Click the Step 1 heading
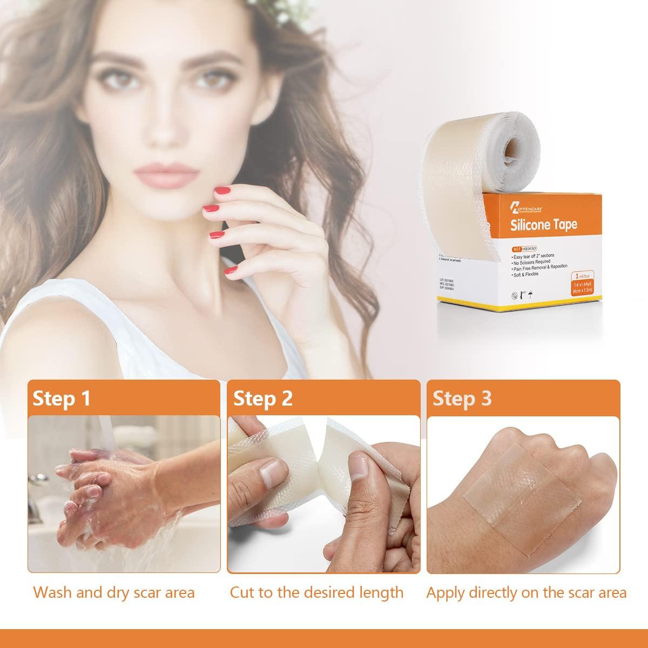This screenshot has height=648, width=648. (62, 399)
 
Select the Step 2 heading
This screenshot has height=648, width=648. (263, 399)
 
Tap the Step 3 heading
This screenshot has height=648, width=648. (462, 399)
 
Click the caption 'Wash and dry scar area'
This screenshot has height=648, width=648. (113, 592)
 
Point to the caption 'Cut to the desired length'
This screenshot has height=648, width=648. (316, 592)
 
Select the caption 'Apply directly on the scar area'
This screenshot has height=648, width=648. (526, 592)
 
